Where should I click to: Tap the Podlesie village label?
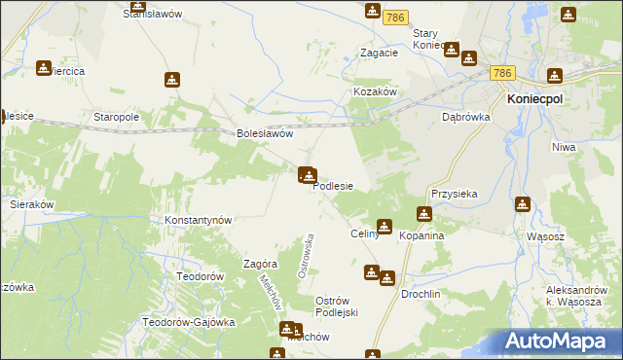(x=333, y=186)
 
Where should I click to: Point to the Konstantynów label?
(x=199, y=220)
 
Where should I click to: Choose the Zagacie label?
(x=379, y=54)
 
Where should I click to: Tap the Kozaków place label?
(x=374, y=90)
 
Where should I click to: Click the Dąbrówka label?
(x=463, y=116)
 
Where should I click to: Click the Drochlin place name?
(x=421, y=294)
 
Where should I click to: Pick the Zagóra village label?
(x=261, y=264)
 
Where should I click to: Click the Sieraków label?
(x=31, y=205)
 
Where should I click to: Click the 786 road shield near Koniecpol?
(x=502, y=74)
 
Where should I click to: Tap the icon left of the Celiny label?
(x=385, y=227)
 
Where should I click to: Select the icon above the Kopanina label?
(x=424, y=214)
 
